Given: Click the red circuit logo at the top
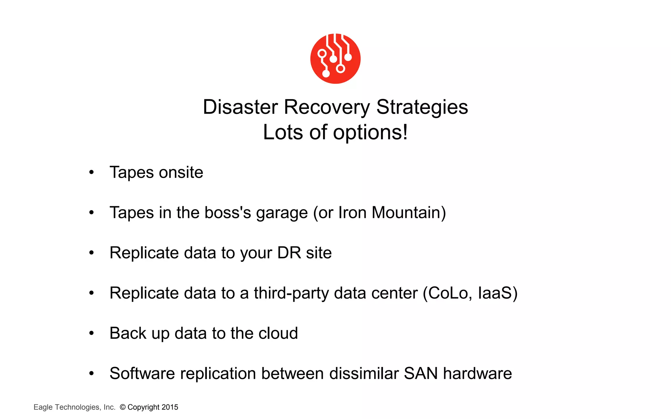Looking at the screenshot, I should point(335,59).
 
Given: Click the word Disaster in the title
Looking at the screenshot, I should point(240,107).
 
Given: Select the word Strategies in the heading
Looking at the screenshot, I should point(422,107).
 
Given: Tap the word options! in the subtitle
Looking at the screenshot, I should point(370,133).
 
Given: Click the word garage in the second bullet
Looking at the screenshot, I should point(282,213).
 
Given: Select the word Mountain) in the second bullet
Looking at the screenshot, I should point(409,212).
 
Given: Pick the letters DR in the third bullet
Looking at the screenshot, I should point(289,253).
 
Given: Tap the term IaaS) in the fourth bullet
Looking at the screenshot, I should point(497,293).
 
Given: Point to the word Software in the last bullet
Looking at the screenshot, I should point(142,373).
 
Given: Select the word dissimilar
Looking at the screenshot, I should point(364,373).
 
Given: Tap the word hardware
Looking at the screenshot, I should point(477,373).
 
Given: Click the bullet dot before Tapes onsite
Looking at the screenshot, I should point(91,172).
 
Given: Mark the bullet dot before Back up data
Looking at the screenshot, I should point(91,333).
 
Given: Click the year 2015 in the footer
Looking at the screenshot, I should point(170,407).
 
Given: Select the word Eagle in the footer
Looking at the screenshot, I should point(43,407).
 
